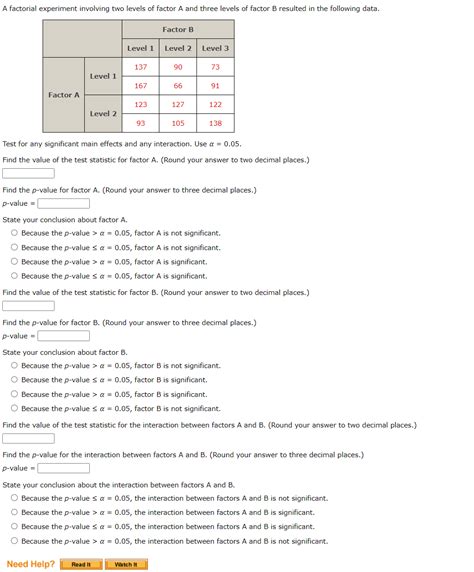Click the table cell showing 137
(x=141, y=66)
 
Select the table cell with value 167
(x=141, y=85)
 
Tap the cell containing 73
(x=215, y=66)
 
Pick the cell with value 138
(x=215, y=123)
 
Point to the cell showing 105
(x=178, y=123)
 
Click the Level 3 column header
(x=215, y=48)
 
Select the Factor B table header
(x=178, y=30)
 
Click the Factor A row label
(x=64, y=95)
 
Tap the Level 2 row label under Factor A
(x=103, y=113)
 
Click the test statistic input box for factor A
(x=28, y=173)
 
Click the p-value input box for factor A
(x=63, y=203)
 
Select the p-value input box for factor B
(x=63, y=336)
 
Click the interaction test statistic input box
(x=28, y=438)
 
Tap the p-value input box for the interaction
(x=63, y=468)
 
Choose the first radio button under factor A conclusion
(x=14, y=233)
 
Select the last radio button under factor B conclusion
(x=14, y=408)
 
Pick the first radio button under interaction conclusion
(x=14, y=498)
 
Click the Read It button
(x=80, y=564)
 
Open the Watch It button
(x=125, y=564)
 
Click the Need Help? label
(x=30, y=564)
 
